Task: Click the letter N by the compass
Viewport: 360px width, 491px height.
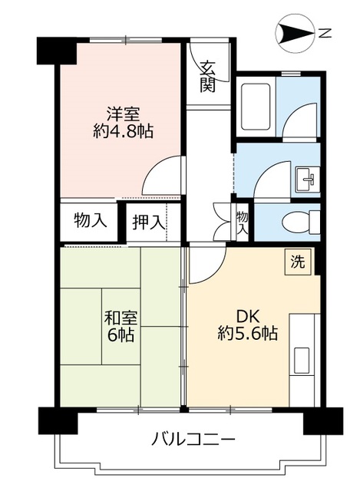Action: (325, 32)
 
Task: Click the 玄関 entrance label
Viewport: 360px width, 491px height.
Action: (207, 76)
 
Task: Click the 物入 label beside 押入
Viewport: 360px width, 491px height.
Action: (90, 221)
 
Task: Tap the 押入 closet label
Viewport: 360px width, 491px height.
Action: (148, 222)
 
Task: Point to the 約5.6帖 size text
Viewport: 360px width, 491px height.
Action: (246, 334)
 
